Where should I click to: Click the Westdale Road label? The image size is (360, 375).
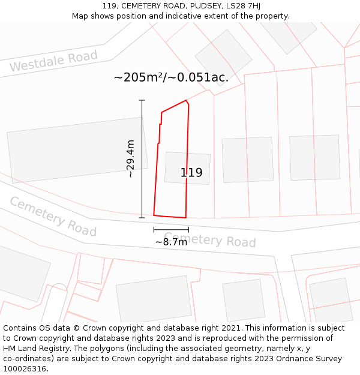(53, 62)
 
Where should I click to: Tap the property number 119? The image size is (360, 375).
(191, 173)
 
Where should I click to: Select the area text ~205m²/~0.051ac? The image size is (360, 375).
(171, 78)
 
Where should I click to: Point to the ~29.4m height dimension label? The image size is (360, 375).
(130, 159)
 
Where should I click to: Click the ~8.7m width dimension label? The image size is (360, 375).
(171, 242)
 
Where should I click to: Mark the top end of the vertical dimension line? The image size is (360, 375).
(142, 100)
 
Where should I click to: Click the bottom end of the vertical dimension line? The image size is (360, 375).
(142, 218)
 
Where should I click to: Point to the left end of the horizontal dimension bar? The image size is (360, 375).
(154, 229)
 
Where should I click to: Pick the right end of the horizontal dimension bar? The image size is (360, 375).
(188, 229)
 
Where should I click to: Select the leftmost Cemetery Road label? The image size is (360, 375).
(53, 217)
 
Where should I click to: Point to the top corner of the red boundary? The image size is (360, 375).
(187, 100)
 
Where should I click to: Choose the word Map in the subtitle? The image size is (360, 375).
(80, 16)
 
